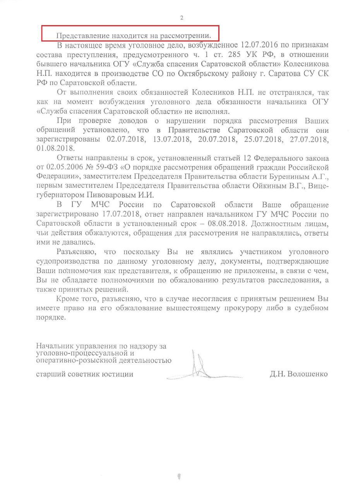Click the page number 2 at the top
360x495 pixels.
pyautogui.click(x=182, y=18)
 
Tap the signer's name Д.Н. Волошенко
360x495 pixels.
pyautogui.click(x=299, y=374)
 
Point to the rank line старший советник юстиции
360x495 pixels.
pyautogui.click(x=85, y=374)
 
